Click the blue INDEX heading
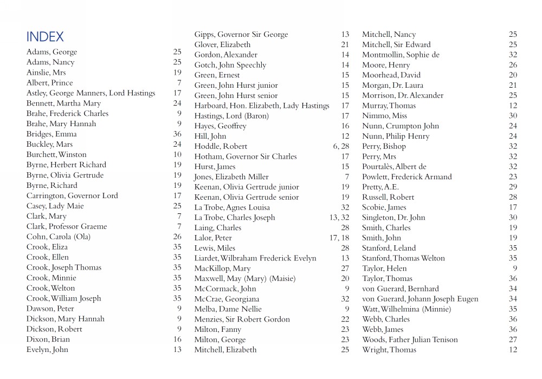pos(45,37)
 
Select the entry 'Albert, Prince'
pos(49,83)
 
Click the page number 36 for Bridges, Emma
pos(177,134)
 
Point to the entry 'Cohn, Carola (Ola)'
pos(59,237)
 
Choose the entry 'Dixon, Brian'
pos(48,339)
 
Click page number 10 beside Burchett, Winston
pos(177,154)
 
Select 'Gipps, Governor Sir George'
pos(241,35)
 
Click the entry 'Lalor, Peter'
pos(213,238)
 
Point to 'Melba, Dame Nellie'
pos(228,309)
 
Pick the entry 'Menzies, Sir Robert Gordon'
pos(242,319)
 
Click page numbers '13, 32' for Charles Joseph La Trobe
pos(339,218)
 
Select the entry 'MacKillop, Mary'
pos(222,269)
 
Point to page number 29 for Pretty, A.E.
pos(513,187)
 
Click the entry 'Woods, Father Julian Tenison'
pos(410,340)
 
